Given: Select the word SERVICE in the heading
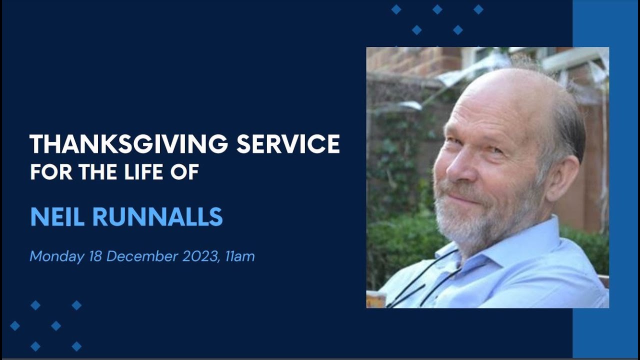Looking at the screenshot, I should tap(288, 144).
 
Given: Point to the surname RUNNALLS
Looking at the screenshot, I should tap(157, 217).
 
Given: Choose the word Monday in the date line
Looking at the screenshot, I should tap(57, 257).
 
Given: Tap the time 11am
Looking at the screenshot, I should tap(240, 256).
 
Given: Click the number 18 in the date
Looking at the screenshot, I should tap(95, 256).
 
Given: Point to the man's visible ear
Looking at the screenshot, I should tap(563, 177).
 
